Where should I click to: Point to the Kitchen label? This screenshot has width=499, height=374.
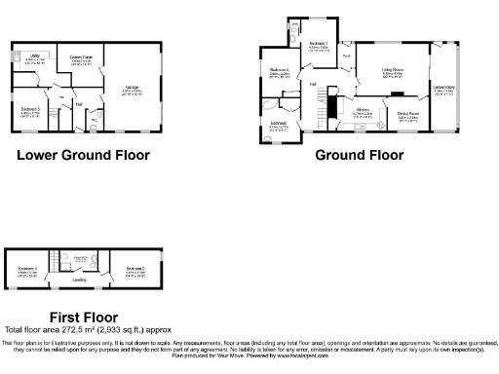(364, 110)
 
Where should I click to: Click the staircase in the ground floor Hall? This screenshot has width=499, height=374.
(330, 101)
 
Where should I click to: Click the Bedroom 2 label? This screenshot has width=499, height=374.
(134, 268)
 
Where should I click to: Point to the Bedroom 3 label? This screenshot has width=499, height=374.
(27, 268)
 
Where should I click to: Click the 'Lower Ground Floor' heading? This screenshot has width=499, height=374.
(83, 155)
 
